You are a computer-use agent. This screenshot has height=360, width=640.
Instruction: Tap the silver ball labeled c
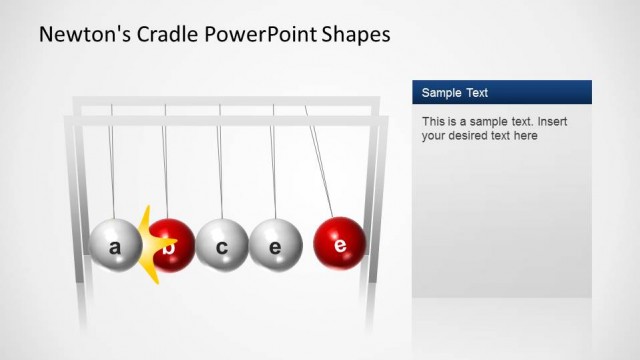(222, 245)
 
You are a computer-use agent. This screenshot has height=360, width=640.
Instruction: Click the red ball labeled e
(339, 243)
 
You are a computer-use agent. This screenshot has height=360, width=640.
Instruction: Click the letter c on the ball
(222, 247)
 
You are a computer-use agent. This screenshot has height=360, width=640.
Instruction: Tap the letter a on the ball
(114, 247)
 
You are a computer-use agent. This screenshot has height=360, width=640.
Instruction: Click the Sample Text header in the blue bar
(455, 93)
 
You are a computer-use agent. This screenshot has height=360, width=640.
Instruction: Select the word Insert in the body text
(557, 122)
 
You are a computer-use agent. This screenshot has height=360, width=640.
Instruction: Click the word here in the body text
(525, 136)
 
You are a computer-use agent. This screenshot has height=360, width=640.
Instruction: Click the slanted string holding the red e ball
(319, 160)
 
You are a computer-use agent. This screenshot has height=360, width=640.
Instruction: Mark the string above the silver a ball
(111, 160)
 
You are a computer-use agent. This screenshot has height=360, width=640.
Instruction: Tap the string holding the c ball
(220, 160)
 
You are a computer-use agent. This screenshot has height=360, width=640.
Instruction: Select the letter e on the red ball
(340, 244)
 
